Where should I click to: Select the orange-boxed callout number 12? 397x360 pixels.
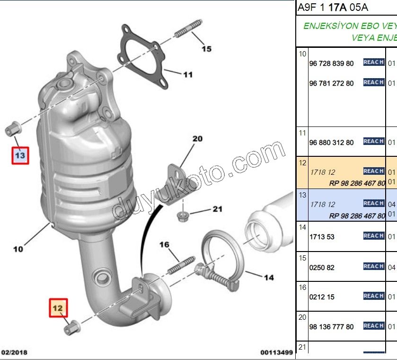(59, 308)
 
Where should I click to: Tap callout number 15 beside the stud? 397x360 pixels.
(206, 49)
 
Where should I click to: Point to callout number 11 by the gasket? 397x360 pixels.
(188, 74)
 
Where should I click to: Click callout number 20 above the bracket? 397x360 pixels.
(197, 139)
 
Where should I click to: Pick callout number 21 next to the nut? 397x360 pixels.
(217, 208)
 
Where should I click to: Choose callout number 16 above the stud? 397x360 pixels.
(164, 244)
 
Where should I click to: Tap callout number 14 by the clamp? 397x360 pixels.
(268, 278)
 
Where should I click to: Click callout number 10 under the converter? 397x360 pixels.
(18, 249)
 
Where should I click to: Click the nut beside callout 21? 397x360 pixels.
(182, 216)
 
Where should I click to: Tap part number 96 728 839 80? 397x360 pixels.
(331, 63)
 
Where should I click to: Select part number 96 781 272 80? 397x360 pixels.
(331, 83)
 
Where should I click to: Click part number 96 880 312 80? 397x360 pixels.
(331, 143)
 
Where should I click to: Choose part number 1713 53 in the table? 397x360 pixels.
(322, 237)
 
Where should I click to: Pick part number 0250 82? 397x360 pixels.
(322, 268)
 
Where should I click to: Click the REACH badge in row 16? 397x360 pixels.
(373, 296)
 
